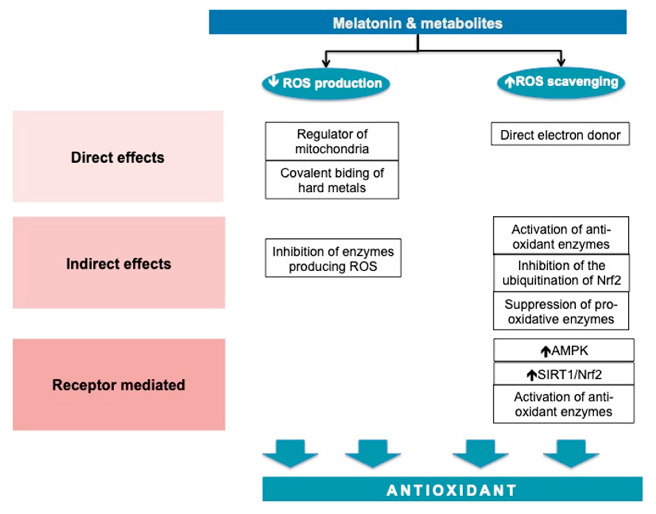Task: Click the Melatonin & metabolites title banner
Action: click(418, 22)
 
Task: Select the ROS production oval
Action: click(326, 83)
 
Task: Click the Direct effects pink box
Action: click(118, 157)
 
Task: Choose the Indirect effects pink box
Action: click(119, 263)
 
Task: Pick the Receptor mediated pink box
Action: click(119, 385)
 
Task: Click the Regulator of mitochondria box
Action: click(332, 141)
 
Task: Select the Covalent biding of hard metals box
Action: click(332, 180)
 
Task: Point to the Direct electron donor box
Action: click(560, 134)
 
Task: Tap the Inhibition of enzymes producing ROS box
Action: click(333, 258)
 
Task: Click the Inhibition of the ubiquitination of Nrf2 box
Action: click(561, 273)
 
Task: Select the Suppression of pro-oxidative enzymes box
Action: click(561, 311)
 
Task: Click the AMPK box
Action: click(564, 350)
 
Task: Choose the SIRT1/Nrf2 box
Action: click(564, 374)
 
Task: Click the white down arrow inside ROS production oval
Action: click(273, 81)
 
